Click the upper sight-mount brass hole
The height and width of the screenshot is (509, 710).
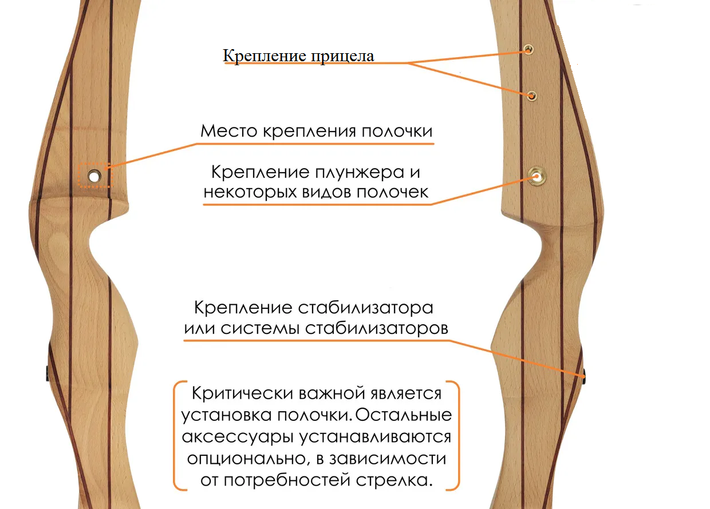coord(528,49)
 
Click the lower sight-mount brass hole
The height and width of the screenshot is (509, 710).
coord(532,96)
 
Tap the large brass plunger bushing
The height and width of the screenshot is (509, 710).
coord(537,176)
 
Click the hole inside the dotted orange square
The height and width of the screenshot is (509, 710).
coord(94,176)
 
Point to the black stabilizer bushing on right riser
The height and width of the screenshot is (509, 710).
coord(584,377)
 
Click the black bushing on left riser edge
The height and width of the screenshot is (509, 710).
coord(48,373)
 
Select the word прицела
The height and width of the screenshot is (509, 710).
coord(342,56)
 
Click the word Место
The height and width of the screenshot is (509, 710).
coord(229,131)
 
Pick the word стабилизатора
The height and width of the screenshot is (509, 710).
coord(365,308)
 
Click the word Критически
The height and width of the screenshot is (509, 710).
coord(242,394)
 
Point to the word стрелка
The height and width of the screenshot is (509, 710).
coord(394,480)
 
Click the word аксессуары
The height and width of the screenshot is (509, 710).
coord(238,437)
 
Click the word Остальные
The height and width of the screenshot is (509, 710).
coord(403,415)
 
